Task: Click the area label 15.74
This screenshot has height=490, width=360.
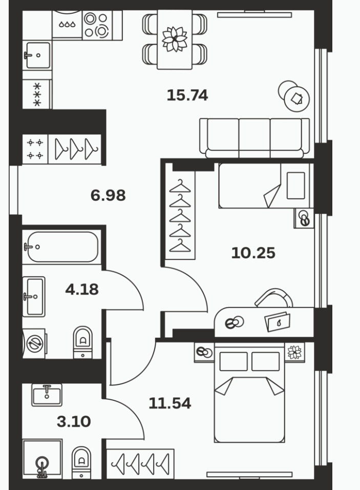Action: tap(187, 95)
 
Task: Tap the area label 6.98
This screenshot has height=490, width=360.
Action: tap(108, 195)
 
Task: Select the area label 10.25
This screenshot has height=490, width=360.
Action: tap(253, 253)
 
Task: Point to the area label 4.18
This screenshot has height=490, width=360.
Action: tap(82, 290)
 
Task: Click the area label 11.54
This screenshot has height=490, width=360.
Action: tap(170, 403)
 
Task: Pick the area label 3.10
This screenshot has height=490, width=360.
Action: tap(74, 421)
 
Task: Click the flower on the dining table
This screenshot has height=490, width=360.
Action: tap(175, 39)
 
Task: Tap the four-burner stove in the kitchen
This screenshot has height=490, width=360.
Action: tap(97, 25)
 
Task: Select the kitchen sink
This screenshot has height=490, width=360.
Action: tap(37, 55)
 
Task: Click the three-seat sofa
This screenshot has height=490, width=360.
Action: tap(255, 138)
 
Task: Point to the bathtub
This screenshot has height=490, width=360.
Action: tap(62, 247)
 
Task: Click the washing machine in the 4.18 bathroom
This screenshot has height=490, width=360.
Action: tap(34, 343)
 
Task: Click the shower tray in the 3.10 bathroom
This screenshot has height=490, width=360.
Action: tap(42, 459)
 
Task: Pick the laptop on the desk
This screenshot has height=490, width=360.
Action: tap(278, 321)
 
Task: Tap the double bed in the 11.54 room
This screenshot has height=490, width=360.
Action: tap(249, 393)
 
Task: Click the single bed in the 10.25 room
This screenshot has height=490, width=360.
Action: tap(265, 186)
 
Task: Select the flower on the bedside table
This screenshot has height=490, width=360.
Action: tap(294, 352)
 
